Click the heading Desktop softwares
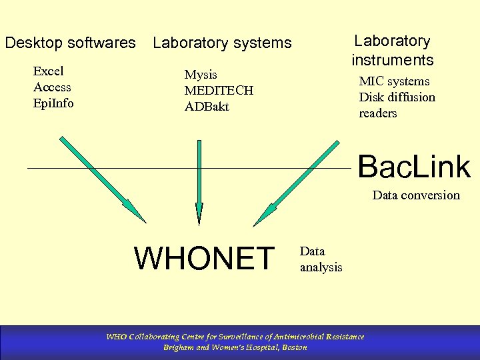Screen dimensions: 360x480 coord(70,43)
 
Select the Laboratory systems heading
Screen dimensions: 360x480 coord(222,43)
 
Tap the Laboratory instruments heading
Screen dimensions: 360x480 coord(392,51)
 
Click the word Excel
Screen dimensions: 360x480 coord(49,71)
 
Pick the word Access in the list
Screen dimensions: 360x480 coord(52,87)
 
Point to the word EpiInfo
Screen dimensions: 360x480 coord(53,103)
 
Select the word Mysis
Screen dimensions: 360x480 coord(201,75)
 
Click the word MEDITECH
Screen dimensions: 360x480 coord(219,91)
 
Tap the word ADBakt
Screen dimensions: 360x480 coord(207,107)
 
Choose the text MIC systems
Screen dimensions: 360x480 coord(394,81)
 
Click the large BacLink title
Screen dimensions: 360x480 coord(413,167)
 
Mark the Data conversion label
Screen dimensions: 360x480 coord(415,195)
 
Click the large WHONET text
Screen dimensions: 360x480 coord(205,259)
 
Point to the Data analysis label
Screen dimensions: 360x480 coord(321,259)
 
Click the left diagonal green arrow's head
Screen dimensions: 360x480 coord(137,212)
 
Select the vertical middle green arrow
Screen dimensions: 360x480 coord(198,180)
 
